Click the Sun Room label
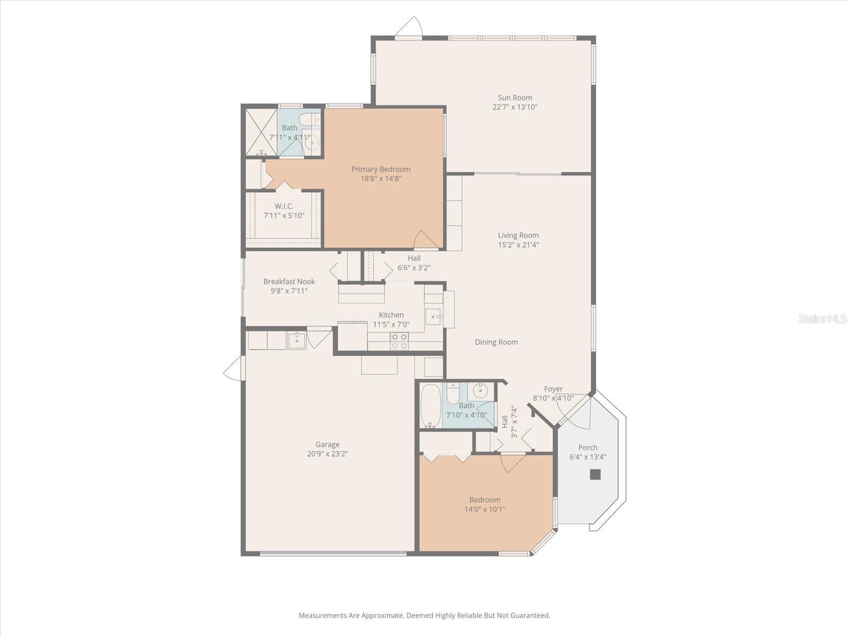click(x=515, y=98)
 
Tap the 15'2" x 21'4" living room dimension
click(x=518, y=245)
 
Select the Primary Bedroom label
click(x=380, y=169)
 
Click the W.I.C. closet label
click(x=284, y=206)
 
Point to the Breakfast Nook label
click(x=289, y=281)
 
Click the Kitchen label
click(x=391, y=315)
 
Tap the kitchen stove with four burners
click(x=399, y=341)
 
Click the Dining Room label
click(x=496, y=342)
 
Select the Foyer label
click(x=553, y=389)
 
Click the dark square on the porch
click(x=595, y=475)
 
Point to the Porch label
click(x=587, y=447)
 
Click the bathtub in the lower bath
click(x=430, y=406)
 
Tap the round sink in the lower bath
click(x=481, y=392)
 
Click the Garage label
click(x=327, y=444)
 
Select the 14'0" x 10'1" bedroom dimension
click(x=484, y=509)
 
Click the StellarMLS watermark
click(x=822, y=318)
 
